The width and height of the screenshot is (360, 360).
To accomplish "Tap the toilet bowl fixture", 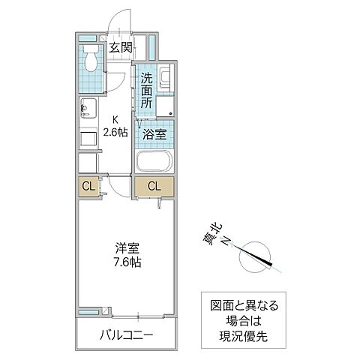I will (91, 57).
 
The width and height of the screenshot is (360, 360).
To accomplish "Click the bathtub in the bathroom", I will (154, 163).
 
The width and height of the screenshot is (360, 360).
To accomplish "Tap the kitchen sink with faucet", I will (87, 110).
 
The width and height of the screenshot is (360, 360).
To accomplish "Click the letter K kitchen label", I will (116, 119).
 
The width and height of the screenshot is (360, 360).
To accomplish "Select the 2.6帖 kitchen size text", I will (116, 133).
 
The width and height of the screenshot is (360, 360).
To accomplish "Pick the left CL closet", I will (87, 185).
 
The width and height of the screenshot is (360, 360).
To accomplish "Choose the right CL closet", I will (153, 185).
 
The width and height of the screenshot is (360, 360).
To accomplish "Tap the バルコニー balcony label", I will (126, 333).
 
